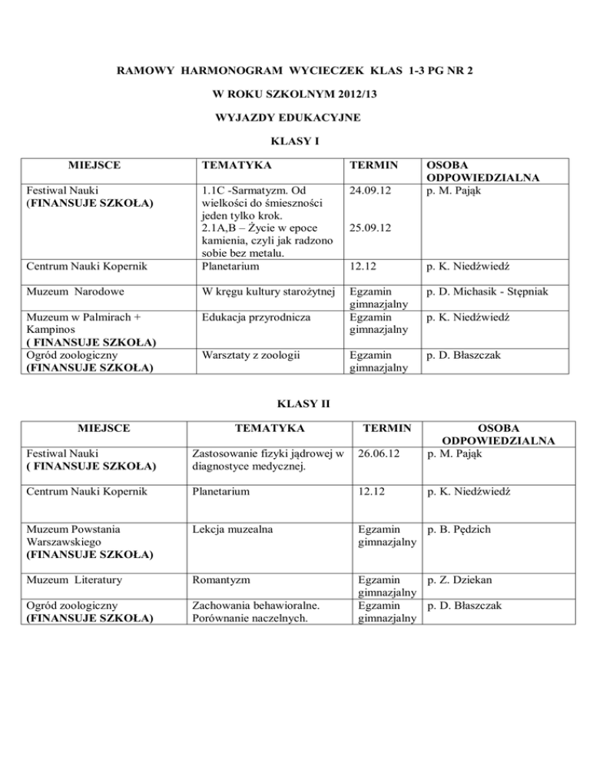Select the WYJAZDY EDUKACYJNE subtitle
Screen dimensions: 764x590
(x=295, y=118)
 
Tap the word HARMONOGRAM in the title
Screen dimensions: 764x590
(x=236, y=71)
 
